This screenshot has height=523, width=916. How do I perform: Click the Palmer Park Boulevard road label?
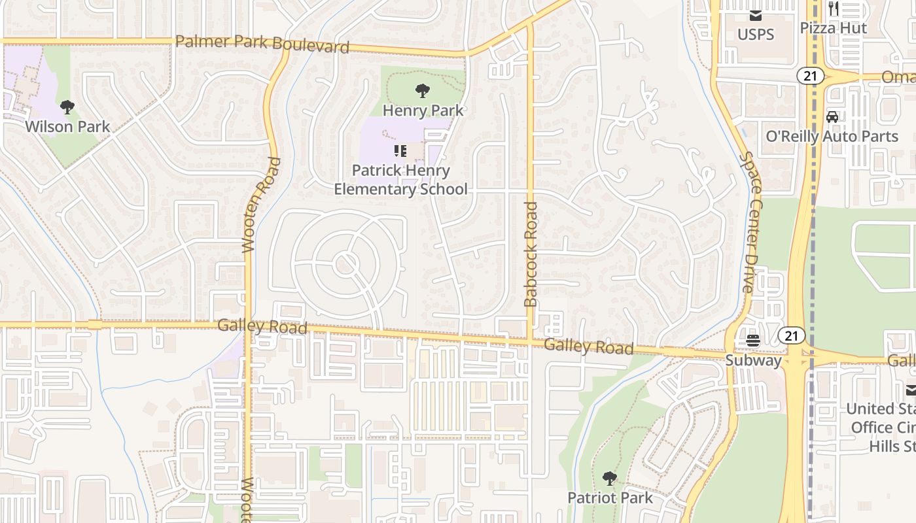pos(262,44)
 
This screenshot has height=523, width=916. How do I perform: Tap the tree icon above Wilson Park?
pos(67,107)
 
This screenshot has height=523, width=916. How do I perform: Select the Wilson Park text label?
pos(67,126)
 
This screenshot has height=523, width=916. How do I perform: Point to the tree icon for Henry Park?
pos(423,91)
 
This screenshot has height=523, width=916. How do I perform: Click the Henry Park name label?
pos(423,110)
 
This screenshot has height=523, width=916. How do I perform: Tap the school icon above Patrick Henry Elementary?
pos(400,152)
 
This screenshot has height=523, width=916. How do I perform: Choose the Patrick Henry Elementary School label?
pos(400,180)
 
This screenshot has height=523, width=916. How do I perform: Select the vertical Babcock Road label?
pos(531,254)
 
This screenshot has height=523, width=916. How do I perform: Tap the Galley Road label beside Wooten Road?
pos(262,326)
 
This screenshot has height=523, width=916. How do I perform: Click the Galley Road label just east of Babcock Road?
pos(589,346)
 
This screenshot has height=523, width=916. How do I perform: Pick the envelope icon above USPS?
pos(756,15)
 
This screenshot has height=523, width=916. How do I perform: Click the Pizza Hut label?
pos(834,28)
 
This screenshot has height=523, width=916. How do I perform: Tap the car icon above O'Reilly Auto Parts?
pos(832,117)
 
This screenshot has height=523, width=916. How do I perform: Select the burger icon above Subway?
pos(753,341)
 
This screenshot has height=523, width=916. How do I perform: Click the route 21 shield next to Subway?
pos(791,336)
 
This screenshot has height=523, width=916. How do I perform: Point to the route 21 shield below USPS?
pos(810,76)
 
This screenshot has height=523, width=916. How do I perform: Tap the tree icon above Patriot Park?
pos(610,479)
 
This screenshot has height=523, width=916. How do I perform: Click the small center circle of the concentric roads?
pos(345,264)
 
